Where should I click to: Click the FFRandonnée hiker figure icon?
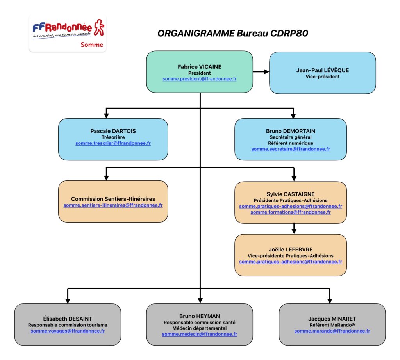coord(99,27)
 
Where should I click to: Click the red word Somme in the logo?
coord(92,45)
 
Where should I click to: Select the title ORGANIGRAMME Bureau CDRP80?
coord(233,33)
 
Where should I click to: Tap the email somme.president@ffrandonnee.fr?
coord(200,79)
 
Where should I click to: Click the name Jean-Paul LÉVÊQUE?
coord(322,70)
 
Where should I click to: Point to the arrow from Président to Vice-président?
coord(261,71)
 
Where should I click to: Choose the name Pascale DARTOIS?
coord(113,131)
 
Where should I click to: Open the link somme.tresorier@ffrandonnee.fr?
coord(113,143)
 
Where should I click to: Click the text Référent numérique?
coord(291,143)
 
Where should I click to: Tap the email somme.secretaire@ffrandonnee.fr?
coord(291,149)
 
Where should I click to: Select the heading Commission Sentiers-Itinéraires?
coord(113,199)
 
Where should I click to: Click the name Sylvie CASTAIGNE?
coord(291,194)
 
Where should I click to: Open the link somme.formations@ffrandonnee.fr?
coord(291,212)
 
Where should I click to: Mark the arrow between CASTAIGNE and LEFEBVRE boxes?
coord(294,228)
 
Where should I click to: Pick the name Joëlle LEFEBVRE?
coord(291,250)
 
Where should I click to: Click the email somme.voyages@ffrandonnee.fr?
coord(68,331)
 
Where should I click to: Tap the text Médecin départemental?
coord(200,328)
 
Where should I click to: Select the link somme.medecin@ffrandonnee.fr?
coord(200,334)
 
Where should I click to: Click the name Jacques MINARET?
coord(332,319)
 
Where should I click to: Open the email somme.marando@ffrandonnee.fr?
coord(332,331)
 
